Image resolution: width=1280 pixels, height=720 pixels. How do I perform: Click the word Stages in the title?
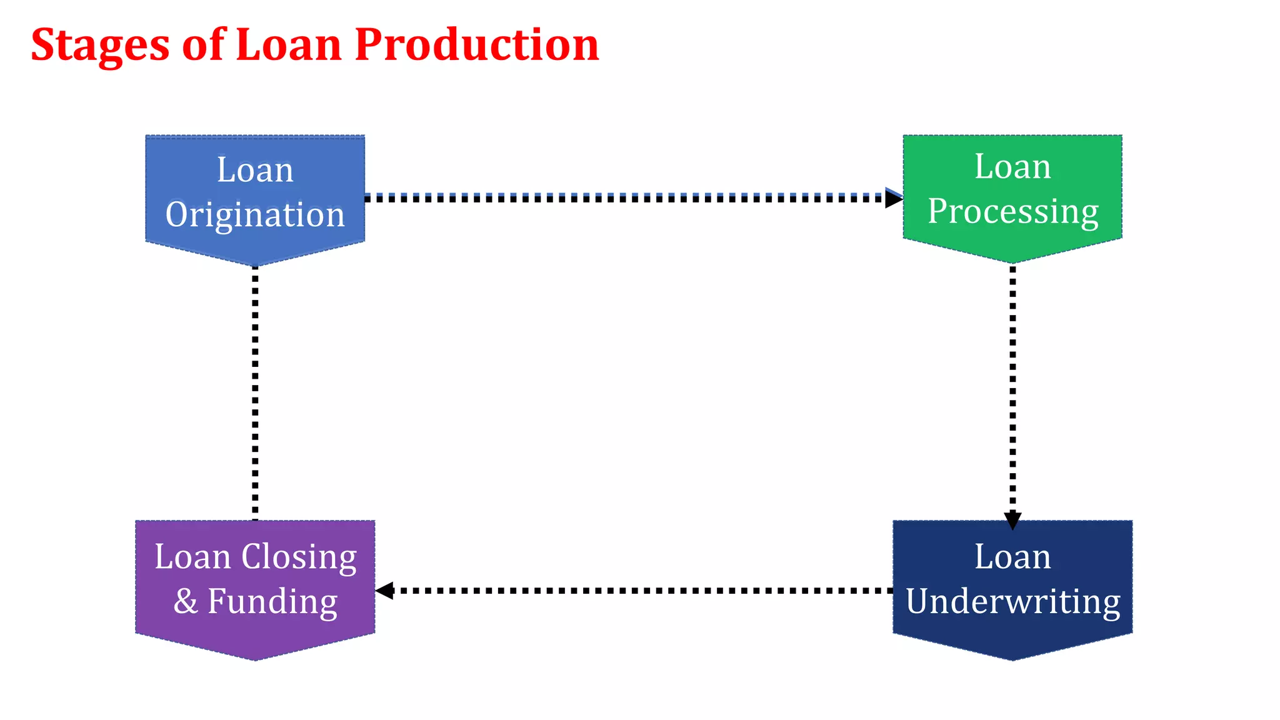point(100,46)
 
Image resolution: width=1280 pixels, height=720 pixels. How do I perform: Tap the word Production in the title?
point(476,45)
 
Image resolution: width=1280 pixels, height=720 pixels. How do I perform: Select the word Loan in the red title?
point(289,45)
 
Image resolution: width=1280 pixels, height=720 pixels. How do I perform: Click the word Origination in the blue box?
point(255,215)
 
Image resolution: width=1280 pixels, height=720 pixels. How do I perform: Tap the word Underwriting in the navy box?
point(1012,601)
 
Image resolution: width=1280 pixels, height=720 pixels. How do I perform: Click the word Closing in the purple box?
point(299,556)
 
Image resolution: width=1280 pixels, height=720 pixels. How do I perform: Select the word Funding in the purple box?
point(272,601)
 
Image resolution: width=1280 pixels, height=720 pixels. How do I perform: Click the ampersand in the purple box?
point(186,601)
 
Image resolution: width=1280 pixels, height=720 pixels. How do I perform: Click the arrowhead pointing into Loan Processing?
point(894,198)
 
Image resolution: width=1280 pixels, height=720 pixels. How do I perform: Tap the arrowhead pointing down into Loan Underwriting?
point(1012,520)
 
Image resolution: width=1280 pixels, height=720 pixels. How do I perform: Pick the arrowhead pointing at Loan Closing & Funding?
point(384,590)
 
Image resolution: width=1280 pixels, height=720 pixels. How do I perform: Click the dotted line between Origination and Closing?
point(255,394)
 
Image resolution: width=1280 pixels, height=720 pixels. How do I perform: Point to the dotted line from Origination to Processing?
point(625,198)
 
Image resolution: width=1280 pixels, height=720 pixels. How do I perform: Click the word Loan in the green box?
point(1012,167)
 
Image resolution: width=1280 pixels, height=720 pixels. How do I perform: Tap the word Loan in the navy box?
point(1012,556)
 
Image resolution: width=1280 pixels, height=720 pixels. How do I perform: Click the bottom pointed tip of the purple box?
point(255,657)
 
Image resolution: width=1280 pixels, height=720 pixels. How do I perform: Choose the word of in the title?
point(202,45)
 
